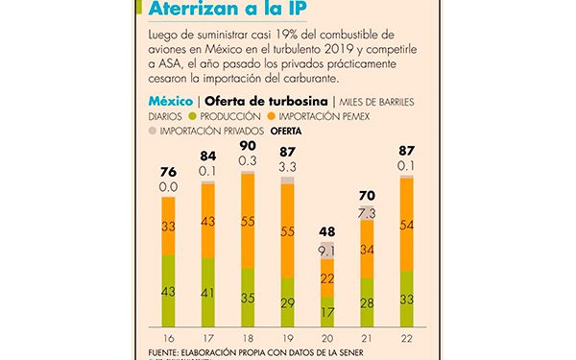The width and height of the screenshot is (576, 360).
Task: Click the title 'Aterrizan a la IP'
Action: coord(230,10)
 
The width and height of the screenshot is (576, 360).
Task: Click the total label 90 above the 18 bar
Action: coord(247,146)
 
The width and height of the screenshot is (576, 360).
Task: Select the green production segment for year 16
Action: coord(167,291)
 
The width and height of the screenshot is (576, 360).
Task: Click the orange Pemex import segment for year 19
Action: coord(287,232)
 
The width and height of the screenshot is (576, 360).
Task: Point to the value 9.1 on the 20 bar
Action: coord(326,252)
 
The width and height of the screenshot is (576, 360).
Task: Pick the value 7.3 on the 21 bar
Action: coord(367,212)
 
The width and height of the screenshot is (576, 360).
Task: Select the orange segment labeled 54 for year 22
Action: coord(406,225)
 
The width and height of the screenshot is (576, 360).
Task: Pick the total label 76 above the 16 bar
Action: coord(167,172)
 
